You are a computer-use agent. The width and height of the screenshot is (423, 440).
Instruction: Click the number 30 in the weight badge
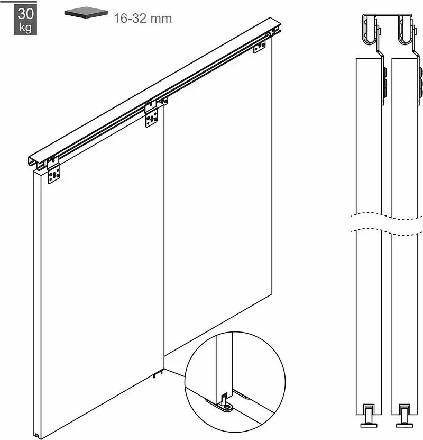click(25, 14)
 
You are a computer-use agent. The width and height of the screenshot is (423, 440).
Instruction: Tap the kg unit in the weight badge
click(25, 28)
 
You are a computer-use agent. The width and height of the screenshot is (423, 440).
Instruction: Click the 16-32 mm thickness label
click(143, 19)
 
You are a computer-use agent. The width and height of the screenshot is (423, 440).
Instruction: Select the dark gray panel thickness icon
click(86, 12)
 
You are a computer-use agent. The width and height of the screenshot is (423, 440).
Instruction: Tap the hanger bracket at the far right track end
click(260, 46)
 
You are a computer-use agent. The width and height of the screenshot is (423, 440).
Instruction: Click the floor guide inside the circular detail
click(223, 403)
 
